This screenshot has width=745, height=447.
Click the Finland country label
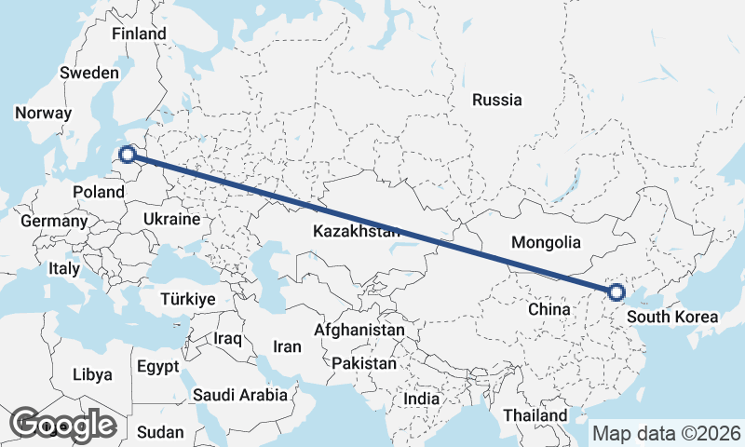[139, 34]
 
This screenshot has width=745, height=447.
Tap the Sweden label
[88, 73]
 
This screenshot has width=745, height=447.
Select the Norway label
[43, 114]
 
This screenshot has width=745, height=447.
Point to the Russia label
[496, 101]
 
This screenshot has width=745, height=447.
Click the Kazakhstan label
[357, 231]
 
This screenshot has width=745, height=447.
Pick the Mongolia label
[547, 242]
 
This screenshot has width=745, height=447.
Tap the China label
[549, 308]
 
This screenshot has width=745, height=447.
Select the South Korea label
[672, 317]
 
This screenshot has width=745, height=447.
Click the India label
[421, 399]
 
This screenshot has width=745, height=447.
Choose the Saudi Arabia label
[240, 395]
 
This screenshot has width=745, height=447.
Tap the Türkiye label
[188, 300]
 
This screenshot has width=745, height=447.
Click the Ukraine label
[171, 220]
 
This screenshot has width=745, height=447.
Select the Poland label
[98, 192]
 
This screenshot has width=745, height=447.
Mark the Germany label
[53, 222]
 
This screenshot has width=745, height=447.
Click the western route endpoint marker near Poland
[129, 155]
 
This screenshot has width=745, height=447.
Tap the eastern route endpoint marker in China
[616, 292]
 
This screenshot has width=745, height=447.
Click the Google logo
[62, 425]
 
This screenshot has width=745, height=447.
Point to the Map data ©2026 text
[667, 434]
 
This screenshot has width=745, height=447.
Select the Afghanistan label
[359, 330]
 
